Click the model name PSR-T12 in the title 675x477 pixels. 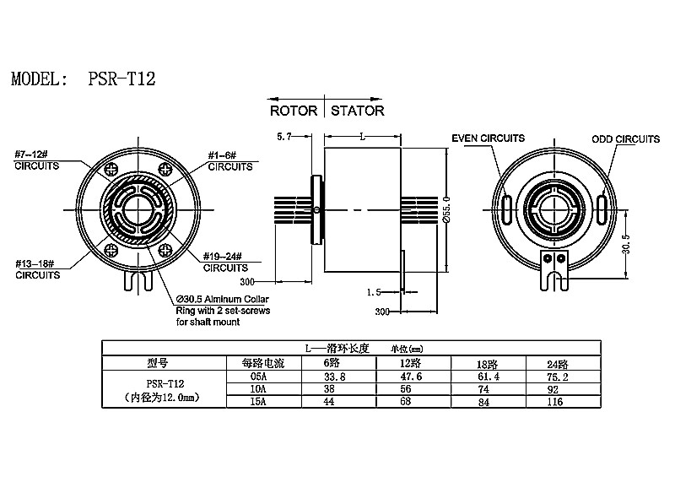(x=121, y=80)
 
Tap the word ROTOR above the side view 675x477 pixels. (x=293, y=111)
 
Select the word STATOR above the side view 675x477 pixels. (x=358, y=111)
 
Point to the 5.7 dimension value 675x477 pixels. (x=285, y=135)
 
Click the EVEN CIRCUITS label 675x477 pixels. (x=488, y=138)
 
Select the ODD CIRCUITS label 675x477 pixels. (x=625, y=138)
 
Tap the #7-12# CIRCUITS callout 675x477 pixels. (x=37, y=160)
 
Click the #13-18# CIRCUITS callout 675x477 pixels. (x=37, y=269)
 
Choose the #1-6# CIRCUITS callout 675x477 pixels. (x=229, y=160)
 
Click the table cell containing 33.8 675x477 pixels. (x=335, y=377)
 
